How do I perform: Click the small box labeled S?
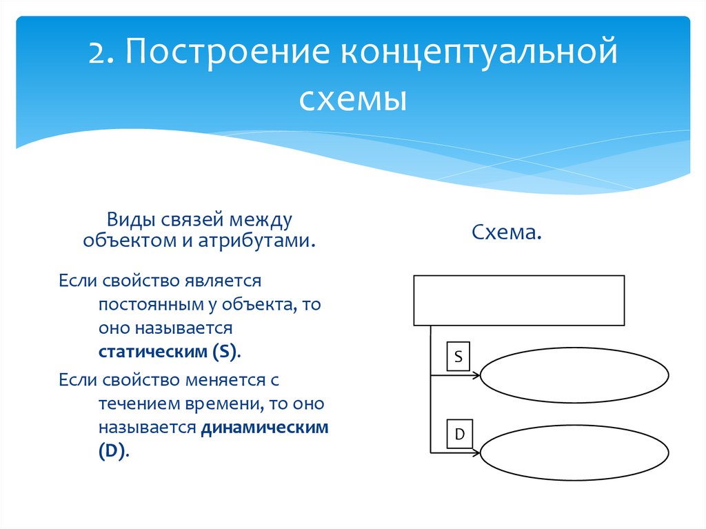458,356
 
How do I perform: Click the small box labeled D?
458,434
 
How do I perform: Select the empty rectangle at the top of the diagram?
518,300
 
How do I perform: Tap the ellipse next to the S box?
574,377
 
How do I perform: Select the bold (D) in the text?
112,452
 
